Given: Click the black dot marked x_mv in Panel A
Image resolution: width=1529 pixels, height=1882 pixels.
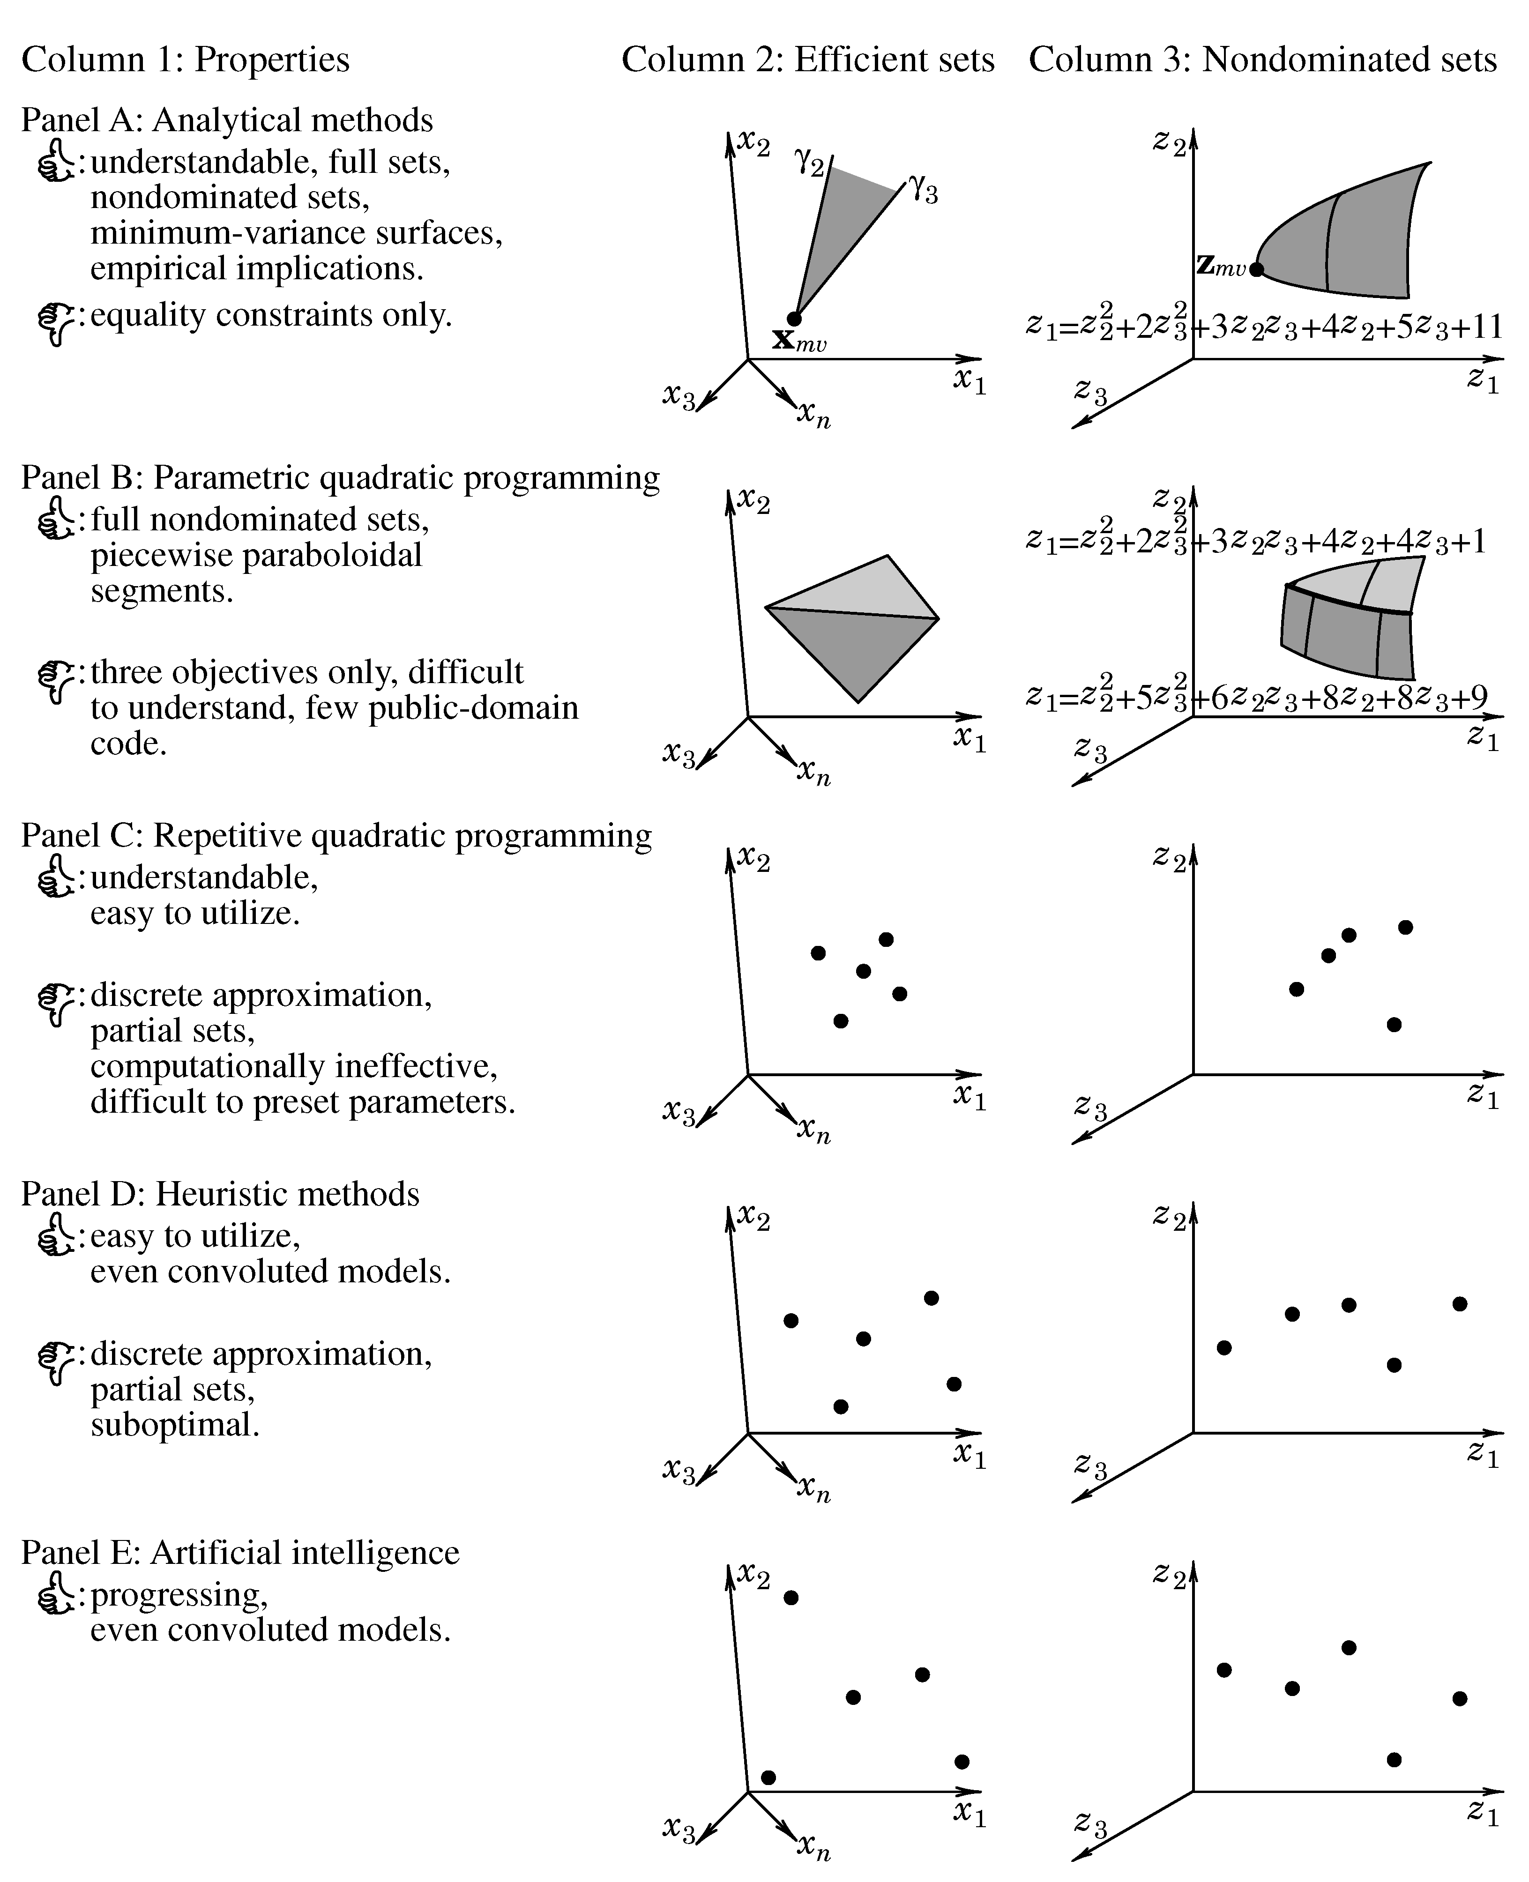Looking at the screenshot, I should [794, 318].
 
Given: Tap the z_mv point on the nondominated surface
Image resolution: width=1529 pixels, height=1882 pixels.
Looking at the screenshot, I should [1256, 268].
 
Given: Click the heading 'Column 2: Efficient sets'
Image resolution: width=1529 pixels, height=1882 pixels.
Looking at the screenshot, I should [808, 60].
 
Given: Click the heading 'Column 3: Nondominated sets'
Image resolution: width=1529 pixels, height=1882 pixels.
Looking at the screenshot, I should [1262, 60].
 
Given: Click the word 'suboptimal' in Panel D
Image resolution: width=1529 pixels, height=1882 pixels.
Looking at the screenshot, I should [174, 1424].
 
